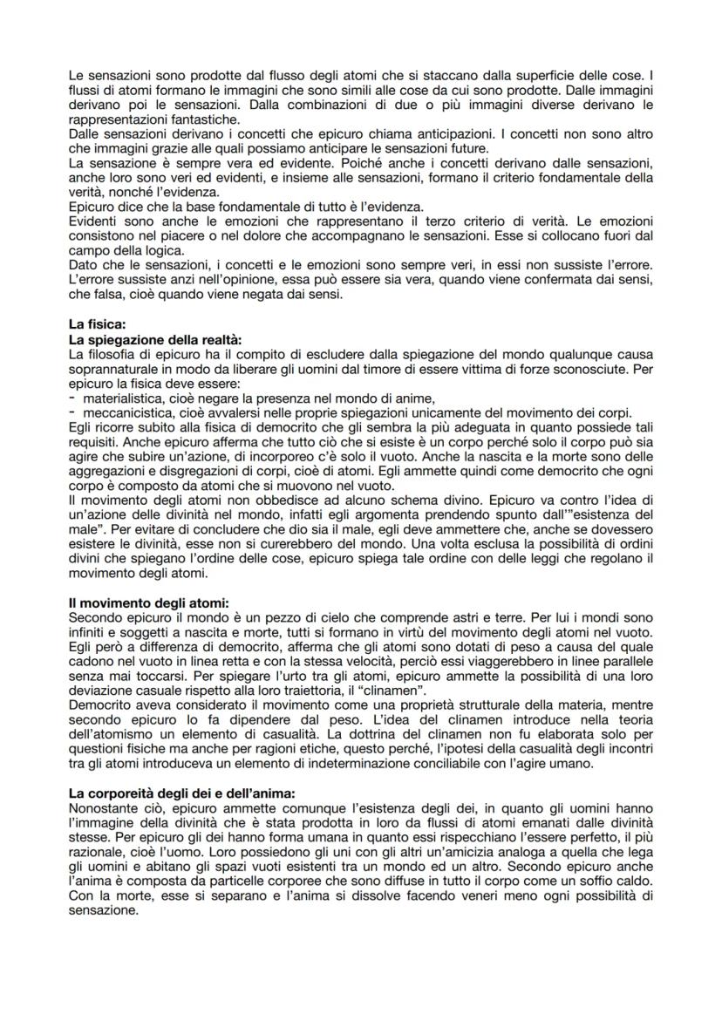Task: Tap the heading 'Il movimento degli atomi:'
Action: [x=140, y=602]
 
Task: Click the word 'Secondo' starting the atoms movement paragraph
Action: [x=93, y=615]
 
